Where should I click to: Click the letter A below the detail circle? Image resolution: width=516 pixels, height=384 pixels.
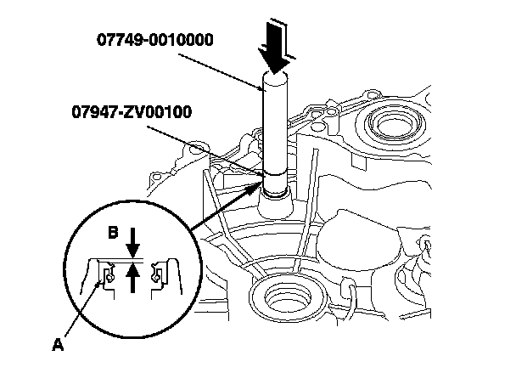[x=58, y=346]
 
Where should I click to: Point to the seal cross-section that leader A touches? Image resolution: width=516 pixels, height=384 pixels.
[x=106, y=274]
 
